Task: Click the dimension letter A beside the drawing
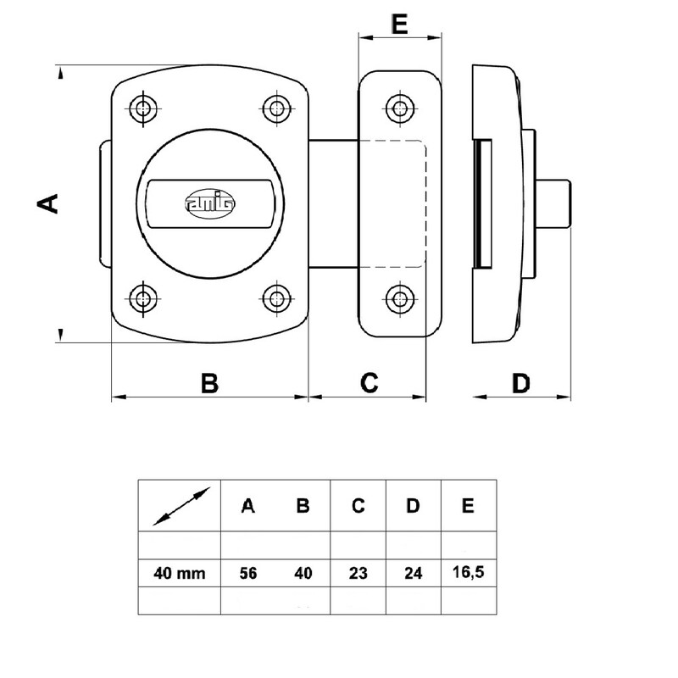[x=50, y=203]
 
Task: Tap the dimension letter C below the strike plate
[x=367, y=383]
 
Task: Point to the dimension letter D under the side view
[x=521, y=383]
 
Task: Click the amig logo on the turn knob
[x=209, y=203]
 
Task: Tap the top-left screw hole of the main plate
[x=142, y=107]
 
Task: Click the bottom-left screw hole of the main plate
[x=142, y=297]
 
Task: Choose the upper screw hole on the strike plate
[x=398, y=107]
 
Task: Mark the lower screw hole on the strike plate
[x=398, y=297]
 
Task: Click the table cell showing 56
[x=247, y=573]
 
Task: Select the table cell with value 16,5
[x=468, y=573]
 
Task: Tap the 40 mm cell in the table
[x=180, y=573]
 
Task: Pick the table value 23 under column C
[x=358, y=573]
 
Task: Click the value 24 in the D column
[x=413, y=573]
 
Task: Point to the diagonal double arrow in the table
[x=181, y=507]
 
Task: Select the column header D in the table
[x=413, y=506]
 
